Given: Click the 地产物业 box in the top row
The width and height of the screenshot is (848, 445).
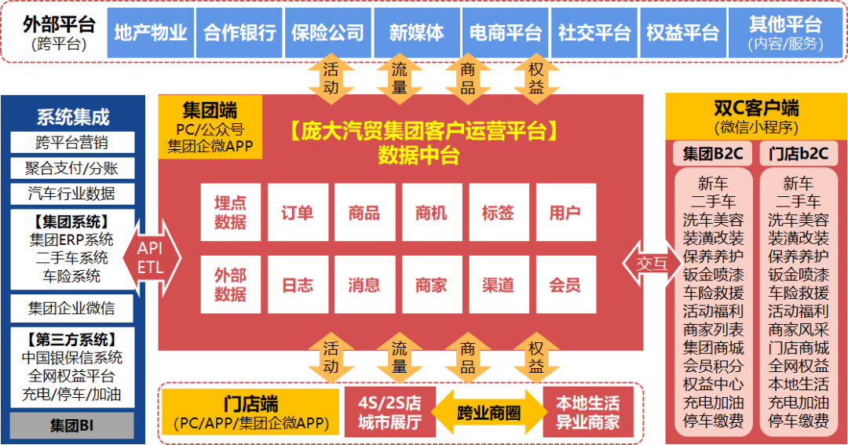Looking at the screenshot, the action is (151, 33).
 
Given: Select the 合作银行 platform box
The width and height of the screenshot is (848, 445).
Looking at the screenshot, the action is (239, 33).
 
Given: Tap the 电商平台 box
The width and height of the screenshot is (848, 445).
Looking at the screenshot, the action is (506, 33).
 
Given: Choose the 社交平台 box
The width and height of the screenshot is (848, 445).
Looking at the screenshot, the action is (594, 33).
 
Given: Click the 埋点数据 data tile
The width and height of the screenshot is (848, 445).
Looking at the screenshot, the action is (230, 213).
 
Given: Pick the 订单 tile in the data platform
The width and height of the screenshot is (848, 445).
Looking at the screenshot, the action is (298, 213).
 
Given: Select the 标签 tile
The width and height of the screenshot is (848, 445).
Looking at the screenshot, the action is (498, 213).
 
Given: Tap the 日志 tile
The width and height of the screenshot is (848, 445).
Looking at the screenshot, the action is (298, 285).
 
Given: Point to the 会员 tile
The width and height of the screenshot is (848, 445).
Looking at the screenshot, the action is (565, 285).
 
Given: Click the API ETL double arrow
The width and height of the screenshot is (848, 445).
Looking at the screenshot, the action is (150, 257).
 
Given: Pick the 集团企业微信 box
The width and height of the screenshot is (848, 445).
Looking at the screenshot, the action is (72, 308).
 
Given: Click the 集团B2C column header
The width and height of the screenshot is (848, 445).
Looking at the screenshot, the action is (712, 154).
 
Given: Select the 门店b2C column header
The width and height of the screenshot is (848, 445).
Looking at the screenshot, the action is (799, 154).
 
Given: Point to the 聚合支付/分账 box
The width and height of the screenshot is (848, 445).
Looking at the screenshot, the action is (72, 168).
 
